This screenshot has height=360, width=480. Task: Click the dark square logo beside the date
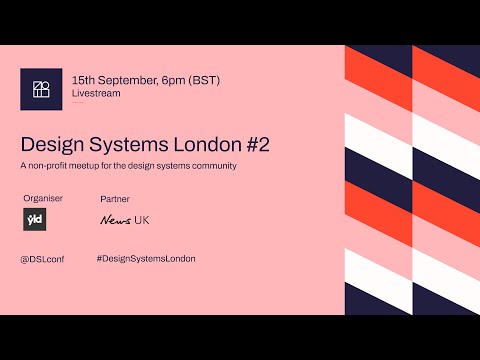41,88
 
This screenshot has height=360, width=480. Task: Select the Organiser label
43,199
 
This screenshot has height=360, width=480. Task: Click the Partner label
115,199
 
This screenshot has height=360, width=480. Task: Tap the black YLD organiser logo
32,220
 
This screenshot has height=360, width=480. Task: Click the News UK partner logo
125,220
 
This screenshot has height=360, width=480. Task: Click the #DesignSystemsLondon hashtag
146,259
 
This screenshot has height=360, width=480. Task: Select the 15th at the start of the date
82,78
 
